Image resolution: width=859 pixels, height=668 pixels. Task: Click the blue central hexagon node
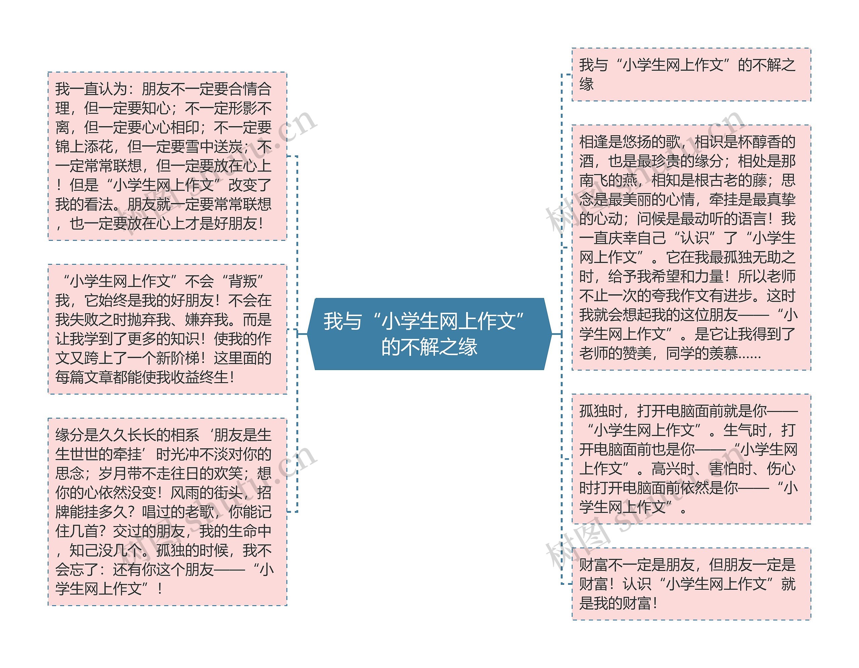(x=429, y=334)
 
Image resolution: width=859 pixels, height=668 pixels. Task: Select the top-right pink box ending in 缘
(x=691, y=75)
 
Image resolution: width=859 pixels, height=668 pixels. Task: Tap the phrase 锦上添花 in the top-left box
(x=84, y=147)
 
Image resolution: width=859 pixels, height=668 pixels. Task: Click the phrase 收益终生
(x=199, y=377)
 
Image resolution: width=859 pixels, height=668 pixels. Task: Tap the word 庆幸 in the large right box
(x=623, y=238)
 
